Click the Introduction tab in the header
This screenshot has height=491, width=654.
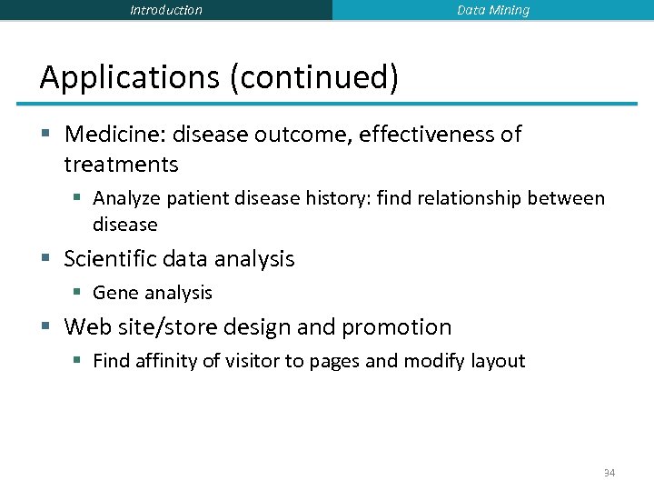tap(166, 10)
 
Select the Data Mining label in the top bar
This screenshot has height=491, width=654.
tap(492, 10)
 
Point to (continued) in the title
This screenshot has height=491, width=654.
tap(314, 78)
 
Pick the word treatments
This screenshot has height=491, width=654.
tap(121, 165)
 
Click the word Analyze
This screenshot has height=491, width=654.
tap(125, 198)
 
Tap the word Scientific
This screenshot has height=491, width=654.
tap(107, 259)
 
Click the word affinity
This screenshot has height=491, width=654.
tap(165, 361)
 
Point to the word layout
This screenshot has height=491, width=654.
tap(498, 361)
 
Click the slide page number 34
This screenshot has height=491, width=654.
tap(609, 474)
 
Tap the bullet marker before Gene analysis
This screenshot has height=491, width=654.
tap(79, 293)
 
